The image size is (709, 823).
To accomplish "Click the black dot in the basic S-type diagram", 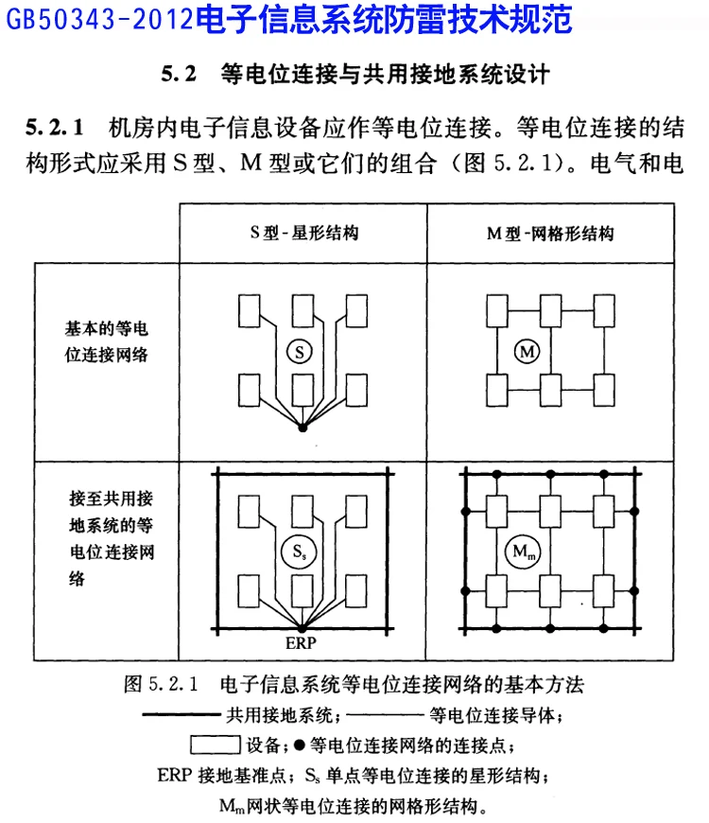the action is [303, 429].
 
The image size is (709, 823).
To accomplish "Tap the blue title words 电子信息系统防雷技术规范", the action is [387, 18].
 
